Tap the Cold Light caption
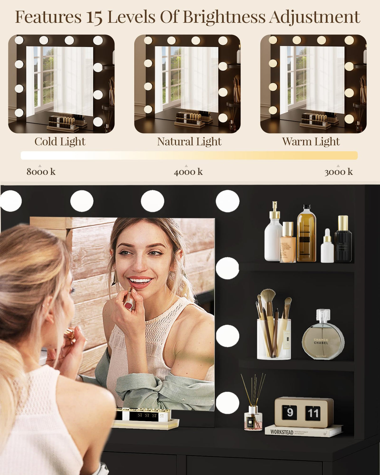(x=60, y=141)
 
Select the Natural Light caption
(x=189, y=141)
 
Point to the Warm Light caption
(x=311, y=141)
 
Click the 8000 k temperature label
(x=41, y=171)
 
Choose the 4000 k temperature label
(x=188, y=171)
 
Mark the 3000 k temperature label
(x=338, y=171)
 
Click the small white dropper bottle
(x=327, y=247)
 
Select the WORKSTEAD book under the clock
(x=303, y=432)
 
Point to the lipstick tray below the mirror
(x=146, y=419)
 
